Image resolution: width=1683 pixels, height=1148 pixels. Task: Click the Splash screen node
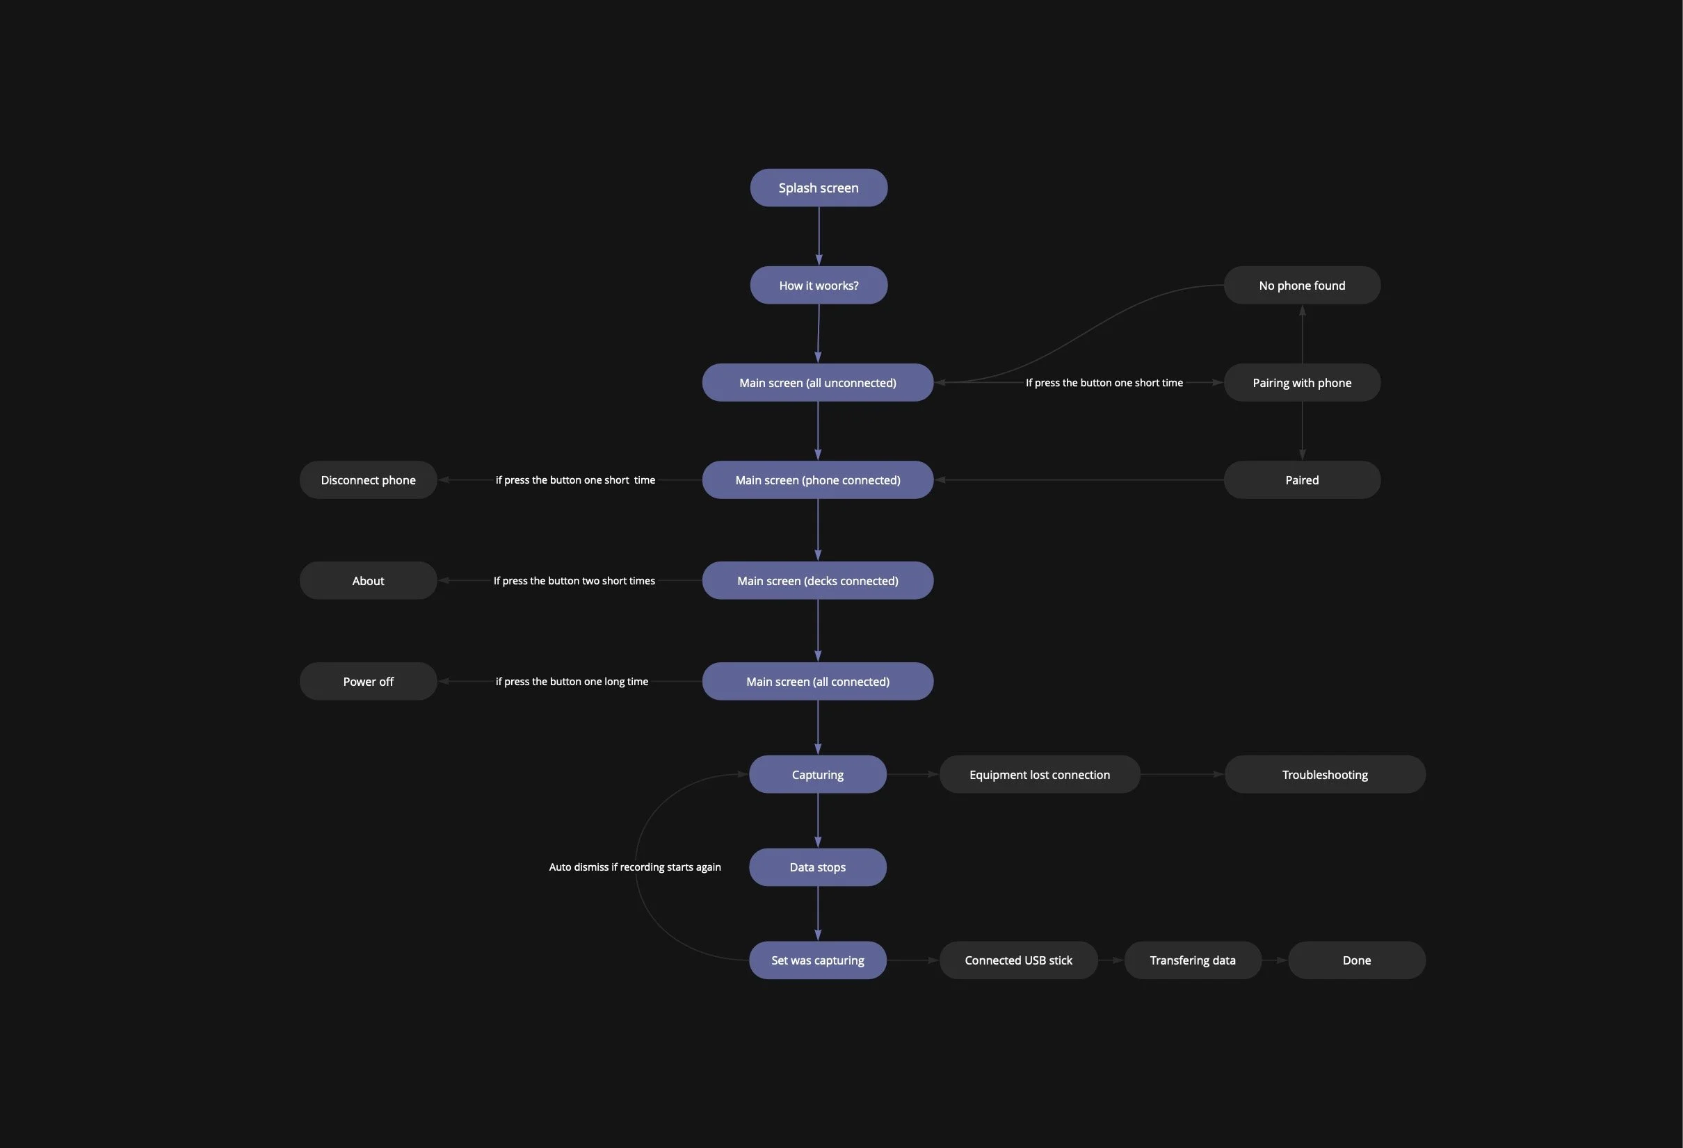coord(819,188)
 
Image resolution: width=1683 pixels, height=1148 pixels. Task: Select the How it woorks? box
coord(819,285)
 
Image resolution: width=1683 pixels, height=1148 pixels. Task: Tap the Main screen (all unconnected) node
coord(818,382)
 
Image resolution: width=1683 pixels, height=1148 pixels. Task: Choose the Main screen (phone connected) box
coord(818,480)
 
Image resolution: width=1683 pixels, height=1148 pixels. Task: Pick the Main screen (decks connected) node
coord(818,580)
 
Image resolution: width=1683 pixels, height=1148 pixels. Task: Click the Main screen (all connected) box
coord(818,681)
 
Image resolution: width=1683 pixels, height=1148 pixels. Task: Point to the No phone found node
coord(1301,285)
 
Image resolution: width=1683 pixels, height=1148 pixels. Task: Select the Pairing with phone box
coord(1301,382)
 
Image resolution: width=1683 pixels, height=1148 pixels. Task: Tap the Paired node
coord(1301,480)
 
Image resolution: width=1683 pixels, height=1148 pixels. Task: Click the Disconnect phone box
coord(368,480)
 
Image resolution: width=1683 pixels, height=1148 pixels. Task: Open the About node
coord(368,580)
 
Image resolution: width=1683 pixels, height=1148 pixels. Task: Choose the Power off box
coord(368,681)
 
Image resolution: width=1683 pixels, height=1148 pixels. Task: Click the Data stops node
coord(818,867)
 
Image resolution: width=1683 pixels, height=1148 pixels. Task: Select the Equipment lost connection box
coord(1039,775)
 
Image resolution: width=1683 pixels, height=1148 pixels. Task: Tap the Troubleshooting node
coord(1325,775)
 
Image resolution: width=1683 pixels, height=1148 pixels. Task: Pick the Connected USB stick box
coord(1018,960)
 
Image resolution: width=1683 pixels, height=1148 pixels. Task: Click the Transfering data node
coord(1192,960)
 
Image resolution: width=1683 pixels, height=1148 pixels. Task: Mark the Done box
coord(1356,960)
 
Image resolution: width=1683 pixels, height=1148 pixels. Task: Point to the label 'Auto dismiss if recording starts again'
coord(634,867)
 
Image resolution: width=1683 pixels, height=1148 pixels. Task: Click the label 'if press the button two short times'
coord(574,580)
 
